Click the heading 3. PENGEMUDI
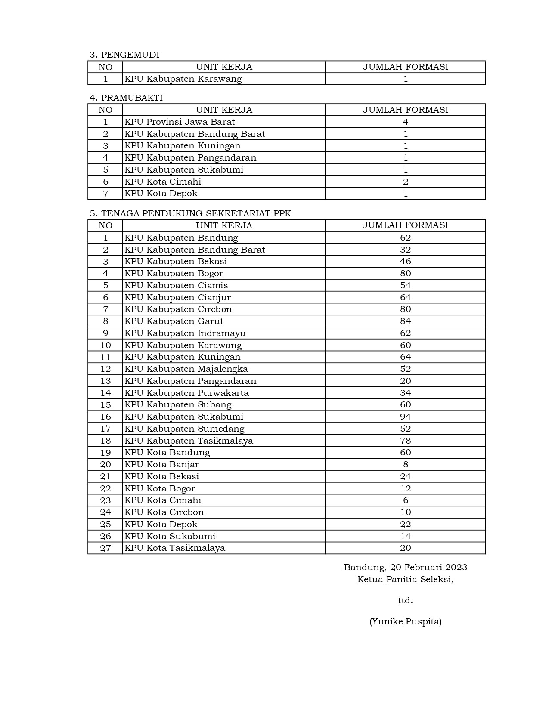(x=124, y=55)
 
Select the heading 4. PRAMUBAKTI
(x=126, y=98)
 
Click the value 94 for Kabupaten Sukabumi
(x=405, y=417)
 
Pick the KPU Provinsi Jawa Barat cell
(x=180, y=122)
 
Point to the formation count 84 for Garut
(x=405, y=321)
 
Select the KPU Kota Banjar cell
(x=161, y=464)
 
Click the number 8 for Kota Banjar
(x=405, y=464)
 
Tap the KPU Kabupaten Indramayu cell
(x=185, y=333)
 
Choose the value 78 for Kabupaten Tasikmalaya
(x=405, y=441)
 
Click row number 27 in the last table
(x=105, y=548)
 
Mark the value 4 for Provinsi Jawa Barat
(x=405, y=122)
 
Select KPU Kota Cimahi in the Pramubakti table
(x=163, y=182)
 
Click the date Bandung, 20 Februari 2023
(x=405, y=567)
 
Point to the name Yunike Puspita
(x=405, y=621)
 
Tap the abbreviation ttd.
(x=405, y=600)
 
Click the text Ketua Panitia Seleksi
(x=405, y=579)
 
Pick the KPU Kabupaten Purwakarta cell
(x=186, y=393)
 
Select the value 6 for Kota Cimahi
(x=405, y=500)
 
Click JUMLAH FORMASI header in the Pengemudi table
(x=405, y=67)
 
